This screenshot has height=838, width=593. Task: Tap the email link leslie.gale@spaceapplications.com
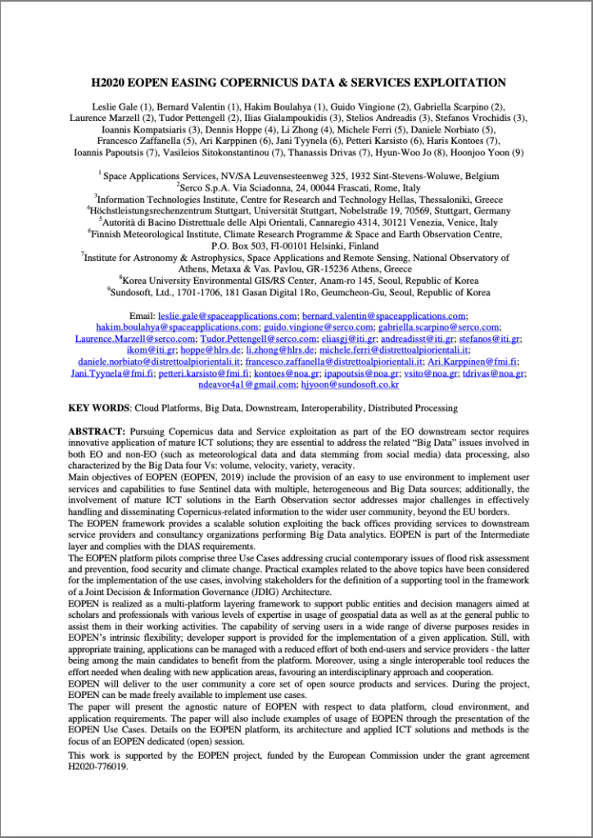coord(228,316)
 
